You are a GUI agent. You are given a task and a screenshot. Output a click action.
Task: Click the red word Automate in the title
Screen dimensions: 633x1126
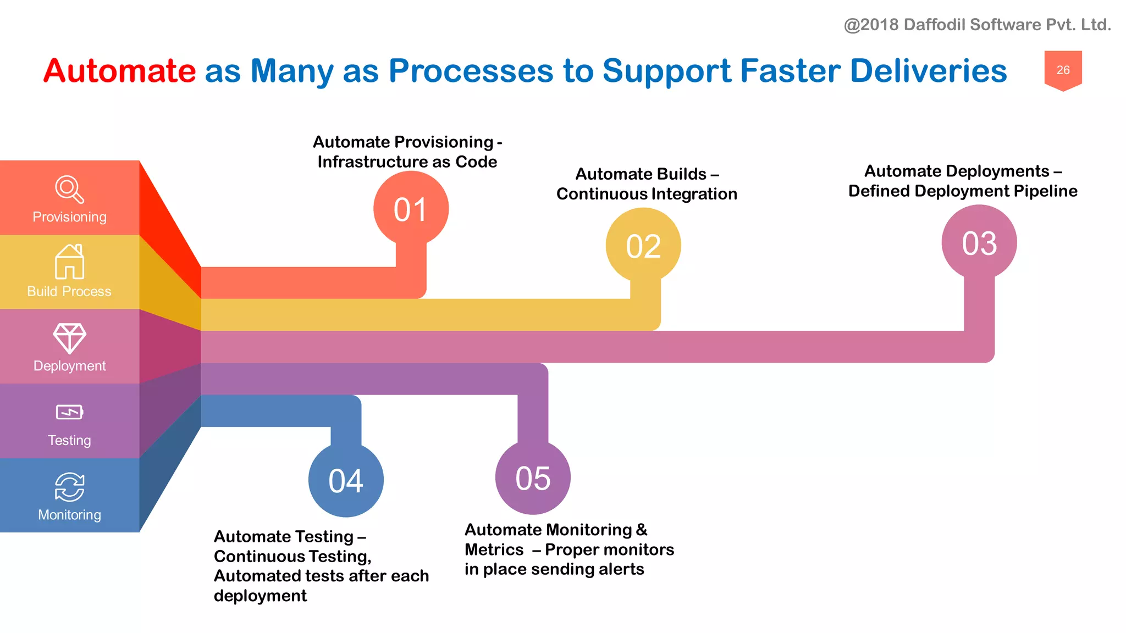pos(119,71)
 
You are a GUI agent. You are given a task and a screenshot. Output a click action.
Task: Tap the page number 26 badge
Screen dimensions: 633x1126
pos(1063,70)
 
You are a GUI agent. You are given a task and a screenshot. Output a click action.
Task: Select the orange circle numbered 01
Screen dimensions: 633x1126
pos(411,209)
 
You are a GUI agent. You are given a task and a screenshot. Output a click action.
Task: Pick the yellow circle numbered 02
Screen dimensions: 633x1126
pos(643,246)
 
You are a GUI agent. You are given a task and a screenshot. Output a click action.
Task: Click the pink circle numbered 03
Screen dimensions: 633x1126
pos(979,243)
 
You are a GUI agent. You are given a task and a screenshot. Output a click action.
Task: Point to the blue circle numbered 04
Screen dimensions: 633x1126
pos(345,480)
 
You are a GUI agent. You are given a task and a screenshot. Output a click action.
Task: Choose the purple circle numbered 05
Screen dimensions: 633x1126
pos(532,478)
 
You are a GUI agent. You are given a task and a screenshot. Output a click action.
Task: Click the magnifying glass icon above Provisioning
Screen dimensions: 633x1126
pos(69,189)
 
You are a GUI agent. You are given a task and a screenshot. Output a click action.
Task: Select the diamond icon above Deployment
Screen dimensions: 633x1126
pos(69,337)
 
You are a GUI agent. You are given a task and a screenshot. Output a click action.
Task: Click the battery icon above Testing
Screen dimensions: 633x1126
pos(69,412)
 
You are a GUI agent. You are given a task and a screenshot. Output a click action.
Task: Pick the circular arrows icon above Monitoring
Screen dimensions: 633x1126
pos(69,487)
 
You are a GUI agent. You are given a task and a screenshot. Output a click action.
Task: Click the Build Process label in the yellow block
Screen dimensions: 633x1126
pos(69,291)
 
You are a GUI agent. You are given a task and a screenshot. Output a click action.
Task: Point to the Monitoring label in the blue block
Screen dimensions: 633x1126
pos(69,515)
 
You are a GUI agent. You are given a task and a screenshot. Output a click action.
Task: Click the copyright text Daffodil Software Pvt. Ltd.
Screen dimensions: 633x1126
pos(977,25)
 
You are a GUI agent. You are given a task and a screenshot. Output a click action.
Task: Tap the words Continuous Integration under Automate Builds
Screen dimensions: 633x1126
pos(647,194)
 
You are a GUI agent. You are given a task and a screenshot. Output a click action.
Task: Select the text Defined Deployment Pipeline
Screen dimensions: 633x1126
pos(962,191)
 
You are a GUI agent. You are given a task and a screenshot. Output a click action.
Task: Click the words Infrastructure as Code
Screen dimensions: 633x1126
pos(407,162)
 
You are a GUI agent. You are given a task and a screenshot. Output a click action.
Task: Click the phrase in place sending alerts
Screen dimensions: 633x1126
pos(554,569)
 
